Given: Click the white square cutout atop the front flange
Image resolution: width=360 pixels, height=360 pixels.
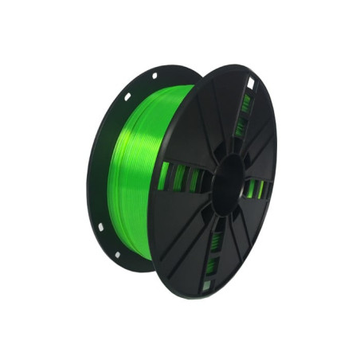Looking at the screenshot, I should coord(250,83).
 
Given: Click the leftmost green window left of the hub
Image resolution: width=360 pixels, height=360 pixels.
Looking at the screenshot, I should coord(163,177).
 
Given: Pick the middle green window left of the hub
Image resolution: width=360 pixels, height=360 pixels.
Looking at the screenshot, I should coord(179,178).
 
